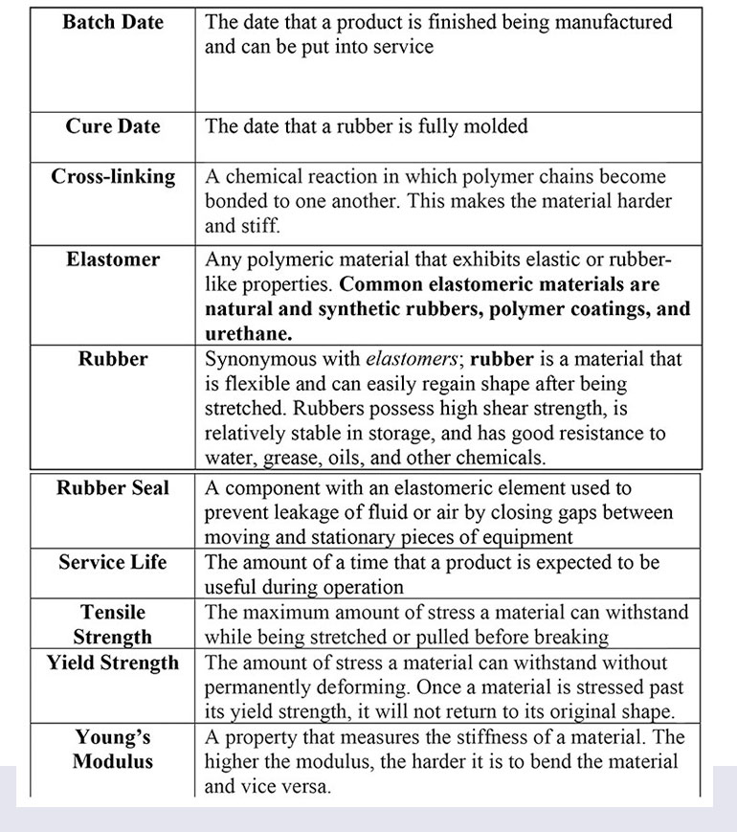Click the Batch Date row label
point(112,22)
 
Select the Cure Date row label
point(113,126)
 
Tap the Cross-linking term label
point(113,177)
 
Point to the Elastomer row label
point(113,259)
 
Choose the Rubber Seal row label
point(113,488)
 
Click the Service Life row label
point(113,563)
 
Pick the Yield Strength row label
point(113,663)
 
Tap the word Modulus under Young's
point(113,763)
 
